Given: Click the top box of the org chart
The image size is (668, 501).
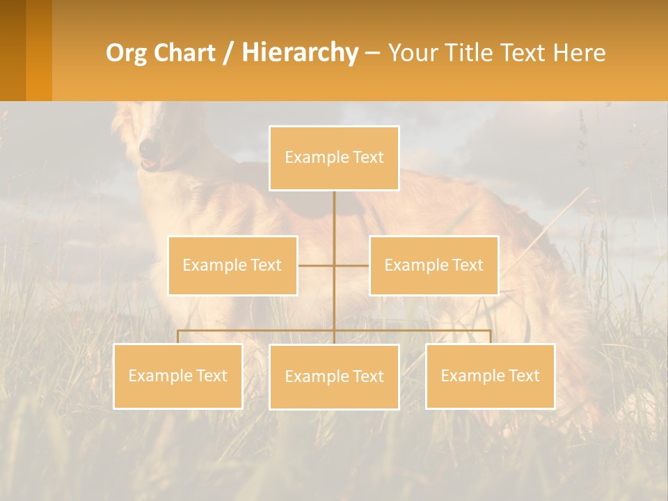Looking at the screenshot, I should point(334,158).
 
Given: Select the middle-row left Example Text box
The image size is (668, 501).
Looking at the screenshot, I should point(232,265).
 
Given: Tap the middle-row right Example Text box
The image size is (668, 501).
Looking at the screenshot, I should point(434,265).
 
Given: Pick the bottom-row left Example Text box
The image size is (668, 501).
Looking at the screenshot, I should point(177,376).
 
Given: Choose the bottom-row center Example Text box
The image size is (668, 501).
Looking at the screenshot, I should point(334,376).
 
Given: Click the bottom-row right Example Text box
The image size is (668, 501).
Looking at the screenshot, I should point(490,376).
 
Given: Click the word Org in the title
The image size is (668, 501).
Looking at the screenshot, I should point(123,53).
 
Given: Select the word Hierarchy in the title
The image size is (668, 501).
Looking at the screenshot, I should point(299,53).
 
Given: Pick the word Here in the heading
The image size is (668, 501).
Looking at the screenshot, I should point(580,53).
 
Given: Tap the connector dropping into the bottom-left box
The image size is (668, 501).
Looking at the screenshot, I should point(177,337).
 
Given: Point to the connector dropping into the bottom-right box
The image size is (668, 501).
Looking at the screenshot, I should point(490,337).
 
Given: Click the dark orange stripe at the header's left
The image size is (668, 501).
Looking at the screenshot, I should point(13,50).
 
